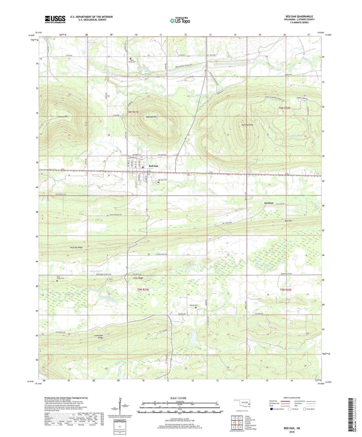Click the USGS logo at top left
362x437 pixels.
(x=55, y=19)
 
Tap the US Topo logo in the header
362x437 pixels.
(x=180, y=21)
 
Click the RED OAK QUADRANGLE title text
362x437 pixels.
(x=299, y=17)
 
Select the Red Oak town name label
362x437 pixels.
(x=153, y=166)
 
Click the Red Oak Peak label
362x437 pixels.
(x=247, y=125)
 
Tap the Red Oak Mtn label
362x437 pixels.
(x=152, y=117)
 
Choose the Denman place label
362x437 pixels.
(x=269, y=203)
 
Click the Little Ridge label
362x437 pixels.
(x=138, y=278)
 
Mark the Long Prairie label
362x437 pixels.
(x=96, y=271)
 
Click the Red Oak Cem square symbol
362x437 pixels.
(x=158, y=182)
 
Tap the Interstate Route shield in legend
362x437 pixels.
(x=272, y=409)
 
